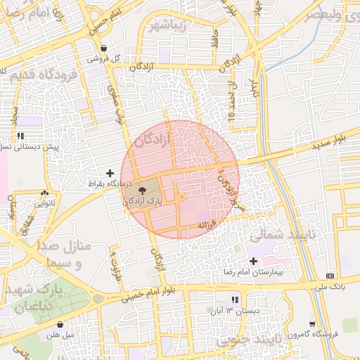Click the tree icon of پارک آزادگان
[143, 190]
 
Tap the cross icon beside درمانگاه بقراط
[110, 172]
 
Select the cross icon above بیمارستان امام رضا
[253, 261]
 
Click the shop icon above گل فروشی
[104, 49]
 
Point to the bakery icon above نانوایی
[46, 193]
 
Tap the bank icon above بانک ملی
[330, 276]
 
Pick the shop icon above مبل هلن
[60, 324]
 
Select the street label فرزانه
[205, 225]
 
